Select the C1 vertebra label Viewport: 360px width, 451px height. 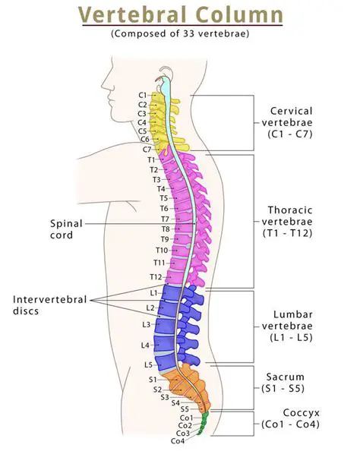143,95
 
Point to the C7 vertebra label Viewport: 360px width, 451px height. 147,149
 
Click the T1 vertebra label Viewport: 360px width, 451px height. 150,159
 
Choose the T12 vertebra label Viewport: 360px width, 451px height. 155,276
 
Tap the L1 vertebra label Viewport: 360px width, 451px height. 153,292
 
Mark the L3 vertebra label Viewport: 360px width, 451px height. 146,324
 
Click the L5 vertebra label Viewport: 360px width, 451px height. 149,364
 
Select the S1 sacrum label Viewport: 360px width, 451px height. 152,379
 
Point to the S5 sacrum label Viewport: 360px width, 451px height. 185,409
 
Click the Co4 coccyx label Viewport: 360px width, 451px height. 177,441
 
